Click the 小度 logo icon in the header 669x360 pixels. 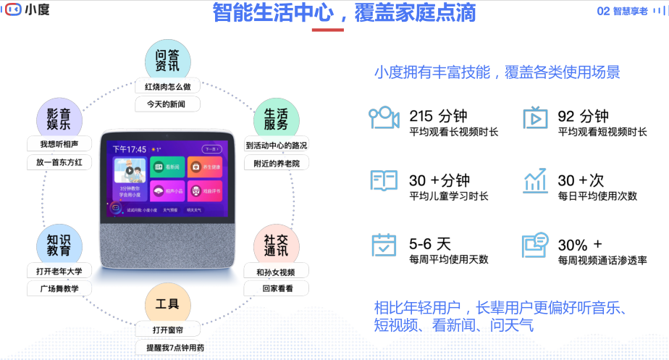pos(13,10)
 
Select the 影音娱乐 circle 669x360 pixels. pos(59,117)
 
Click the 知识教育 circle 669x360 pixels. pos(59,245)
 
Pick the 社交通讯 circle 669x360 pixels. pos(275,245)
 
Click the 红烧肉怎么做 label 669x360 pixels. pos(167,87)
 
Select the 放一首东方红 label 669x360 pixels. pos(59,162)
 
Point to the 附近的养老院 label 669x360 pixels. pos(276,163)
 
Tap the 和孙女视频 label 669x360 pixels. pos(275,272)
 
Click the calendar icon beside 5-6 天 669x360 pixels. pos(384,245)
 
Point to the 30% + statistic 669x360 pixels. pos(579,244)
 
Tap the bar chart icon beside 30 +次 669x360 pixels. pos(536,180)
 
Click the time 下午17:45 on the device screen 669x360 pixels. pos(130,149)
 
